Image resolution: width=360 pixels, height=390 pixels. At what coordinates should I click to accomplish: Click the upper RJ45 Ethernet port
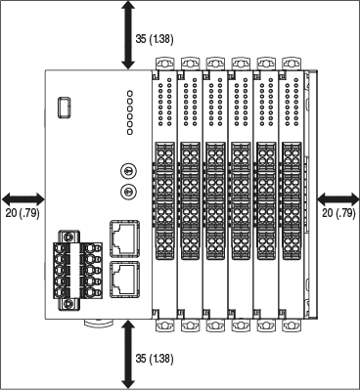125,235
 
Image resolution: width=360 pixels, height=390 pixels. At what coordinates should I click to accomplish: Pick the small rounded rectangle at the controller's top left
65,106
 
